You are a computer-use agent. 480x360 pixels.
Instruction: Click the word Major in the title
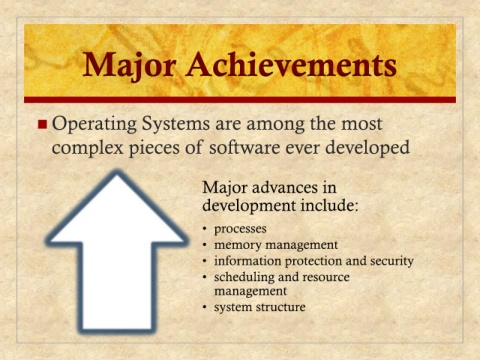pyautogui.click(x=129, y=66)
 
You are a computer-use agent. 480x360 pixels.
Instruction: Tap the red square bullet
pyautogui.click(x=42, y=124)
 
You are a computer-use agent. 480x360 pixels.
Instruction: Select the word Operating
pyautogui.click(x=94, y=125)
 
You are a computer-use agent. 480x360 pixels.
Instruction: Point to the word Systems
pyautogui.click(x=176, y=125)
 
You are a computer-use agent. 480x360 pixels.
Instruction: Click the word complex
pyautogui.click(x=88, y=148)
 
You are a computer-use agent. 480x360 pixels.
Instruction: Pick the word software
pyautogui.click(x=245, y=147)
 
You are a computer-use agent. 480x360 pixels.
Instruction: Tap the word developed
pyautogui.click(x=367, y=148)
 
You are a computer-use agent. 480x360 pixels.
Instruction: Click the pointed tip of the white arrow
pyautogui.click(x=117, y=173)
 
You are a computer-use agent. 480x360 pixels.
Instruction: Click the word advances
pyautogui.click(x=285, y=187)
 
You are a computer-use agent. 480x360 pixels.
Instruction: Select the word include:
pyautogui.click(x=329, y=205)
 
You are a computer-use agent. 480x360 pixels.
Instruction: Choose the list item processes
pyautogui.click(x=240, y=229)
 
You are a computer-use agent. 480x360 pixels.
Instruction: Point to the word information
pyautogui.click(x=247, y=261)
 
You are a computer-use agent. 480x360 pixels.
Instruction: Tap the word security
pyautogui.click(x=392, y=261)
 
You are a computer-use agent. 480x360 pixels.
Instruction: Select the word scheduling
pyautogui.click(x=245, y=277)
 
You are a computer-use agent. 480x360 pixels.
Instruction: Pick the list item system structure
pyautogui.click(x=259, y=307)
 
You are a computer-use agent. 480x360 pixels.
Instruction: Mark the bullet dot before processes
pyautogui.click(x=205, y=229)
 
